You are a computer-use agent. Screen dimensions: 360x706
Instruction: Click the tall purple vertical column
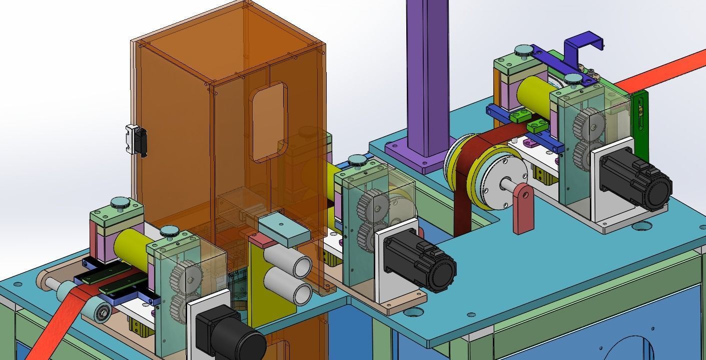427,75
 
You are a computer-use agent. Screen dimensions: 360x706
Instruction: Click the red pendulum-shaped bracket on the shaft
523,208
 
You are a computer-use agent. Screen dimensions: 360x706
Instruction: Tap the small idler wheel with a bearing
101,313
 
